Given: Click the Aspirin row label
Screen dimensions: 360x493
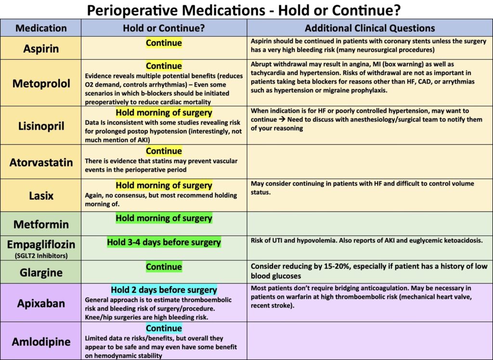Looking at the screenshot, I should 41,49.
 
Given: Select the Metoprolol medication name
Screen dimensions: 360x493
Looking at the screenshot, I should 41,83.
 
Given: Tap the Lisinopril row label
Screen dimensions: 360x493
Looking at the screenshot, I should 41,126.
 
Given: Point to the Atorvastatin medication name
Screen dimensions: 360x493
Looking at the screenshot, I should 41,162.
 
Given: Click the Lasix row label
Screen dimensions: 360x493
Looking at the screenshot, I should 41,196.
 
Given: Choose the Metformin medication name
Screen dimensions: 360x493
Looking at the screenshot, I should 41,224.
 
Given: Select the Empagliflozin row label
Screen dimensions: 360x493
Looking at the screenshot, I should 41,243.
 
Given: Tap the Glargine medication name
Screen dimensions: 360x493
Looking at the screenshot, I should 41,272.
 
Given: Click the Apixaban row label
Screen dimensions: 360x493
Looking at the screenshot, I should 41,304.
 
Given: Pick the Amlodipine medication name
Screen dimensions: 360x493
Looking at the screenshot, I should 41,342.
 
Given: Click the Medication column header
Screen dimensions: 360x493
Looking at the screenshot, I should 41,28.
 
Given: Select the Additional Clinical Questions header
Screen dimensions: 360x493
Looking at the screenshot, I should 370,28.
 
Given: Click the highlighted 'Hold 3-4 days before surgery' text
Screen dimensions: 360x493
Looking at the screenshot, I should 164,242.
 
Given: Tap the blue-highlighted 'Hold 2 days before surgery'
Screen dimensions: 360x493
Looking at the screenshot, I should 164,290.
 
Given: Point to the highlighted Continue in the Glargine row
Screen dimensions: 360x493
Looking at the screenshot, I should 164,267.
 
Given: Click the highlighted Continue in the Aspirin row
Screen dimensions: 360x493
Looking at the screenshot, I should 164,43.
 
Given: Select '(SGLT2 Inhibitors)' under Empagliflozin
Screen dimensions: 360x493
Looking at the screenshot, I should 41,255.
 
